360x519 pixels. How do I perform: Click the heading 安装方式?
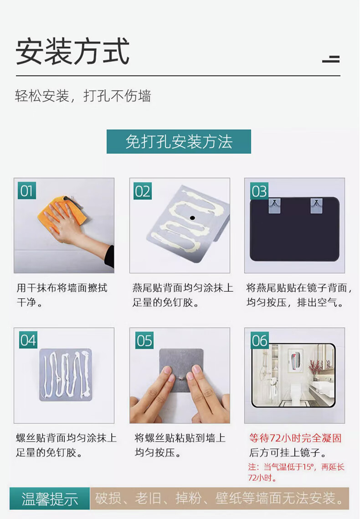click(72, 51)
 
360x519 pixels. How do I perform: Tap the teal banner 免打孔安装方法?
click(179, 142)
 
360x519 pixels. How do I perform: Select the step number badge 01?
click(27, 191)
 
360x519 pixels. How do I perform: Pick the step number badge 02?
click(143, 191)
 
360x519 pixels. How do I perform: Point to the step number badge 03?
click(259, 191)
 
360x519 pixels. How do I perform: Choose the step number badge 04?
click(28, 340)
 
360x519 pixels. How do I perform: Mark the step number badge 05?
click(144, 340)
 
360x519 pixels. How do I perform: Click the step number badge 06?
click(260, 340)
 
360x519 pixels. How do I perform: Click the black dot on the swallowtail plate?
click(192, 218)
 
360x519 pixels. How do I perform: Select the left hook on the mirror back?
click(275, 205)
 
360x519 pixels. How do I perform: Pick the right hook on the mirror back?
click(317, 205)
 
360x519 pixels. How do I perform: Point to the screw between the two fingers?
click(180, 377)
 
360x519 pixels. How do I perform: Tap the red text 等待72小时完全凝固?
click(295, 438)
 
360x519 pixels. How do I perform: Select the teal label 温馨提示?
click(50, 499)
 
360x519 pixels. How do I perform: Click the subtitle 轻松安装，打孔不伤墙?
click(83, 96)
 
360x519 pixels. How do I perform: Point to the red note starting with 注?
click(296, 472)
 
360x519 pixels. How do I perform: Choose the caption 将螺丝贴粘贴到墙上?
click(180, 438)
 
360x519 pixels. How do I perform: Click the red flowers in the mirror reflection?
click(316, 367)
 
